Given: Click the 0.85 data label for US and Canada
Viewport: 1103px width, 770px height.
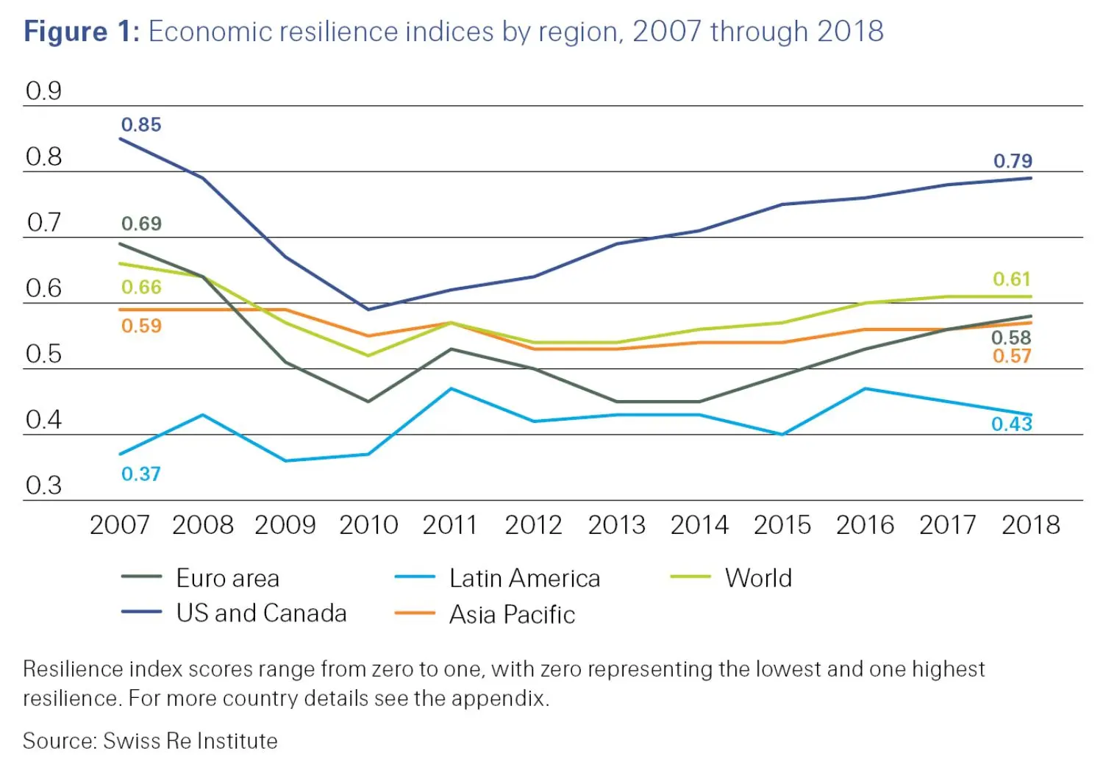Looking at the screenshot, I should click(x=140, y=124).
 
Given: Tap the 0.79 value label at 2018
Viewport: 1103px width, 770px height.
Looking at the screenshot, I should click(x=1013, y=160).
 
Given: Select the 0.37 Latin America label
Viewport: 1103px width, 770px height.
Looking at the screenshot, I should click(x=140, y=474).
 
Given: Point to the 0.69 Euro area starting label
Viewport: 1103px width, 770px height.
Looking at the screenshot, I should click(x=141, y=224).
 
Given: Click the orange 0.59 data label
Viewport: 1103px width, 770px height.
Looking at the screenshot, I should click(x=141, y=326).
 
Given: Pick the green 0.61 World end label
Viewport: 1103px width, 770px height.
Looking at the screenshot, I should click(x=1012, y=279).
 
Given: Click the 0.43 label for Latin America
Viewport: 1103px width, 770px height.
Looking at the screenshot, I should click(x=1012, y=424).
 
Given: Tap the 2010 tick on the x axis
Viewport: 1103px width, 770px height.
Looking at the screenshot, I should click(x=368, y=525).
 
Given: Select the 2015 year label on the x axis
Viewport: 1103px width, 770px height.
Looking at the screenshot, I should click(x=782, y=525).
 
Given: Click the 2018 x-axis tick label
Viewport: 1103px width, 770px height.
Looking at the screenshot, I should click(x=1030, y=525).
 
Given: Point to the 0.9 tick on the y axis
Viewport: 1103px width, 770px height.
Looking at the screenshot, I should click(x=43, y=91).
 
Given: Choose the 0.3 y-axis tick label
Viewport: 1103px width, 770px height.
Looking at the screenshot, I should click(x=43, y=485).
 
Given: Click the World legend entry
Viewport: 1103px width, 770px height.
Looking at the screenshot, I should click(x=758, y=578).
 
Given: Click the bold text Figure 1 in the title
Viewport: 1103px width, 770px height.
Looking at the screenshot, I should click(x=81, y=32).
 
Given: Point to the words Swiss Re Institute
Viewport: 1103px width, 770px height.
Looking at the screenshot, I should click(x=190, y=741).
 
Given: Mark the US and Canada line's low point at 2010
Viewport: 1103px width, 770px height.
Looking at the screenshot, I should click(x=368, y=309).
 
